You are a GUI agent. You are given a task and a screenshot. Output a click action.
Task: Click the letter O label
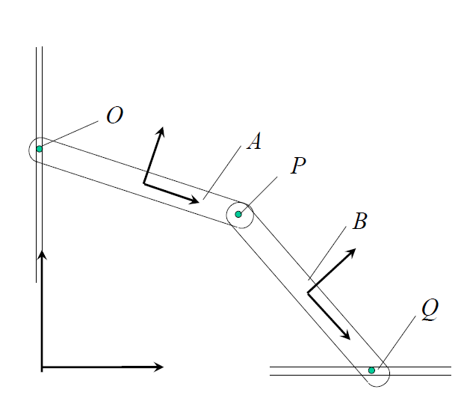114,116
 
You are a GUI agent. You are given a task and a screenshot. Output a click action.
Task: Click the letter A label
254,141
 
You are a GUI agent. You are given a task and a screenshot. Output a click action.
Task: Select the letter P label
298,165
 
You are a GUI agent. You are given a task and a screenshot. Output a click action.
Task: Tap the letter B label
359,221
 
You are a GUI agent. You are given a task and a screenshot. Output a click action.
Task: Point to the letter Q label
428,309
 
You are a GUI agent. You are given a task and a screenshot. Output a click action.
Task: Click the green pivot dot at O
40,148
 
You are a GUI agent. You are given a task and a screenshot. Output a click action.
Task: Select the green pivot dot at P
238,214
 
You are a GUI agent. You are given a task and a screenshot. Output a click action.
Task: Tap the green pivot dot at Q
371,370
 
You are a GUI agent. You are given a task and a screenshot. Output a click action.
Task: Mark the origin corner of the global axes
42,367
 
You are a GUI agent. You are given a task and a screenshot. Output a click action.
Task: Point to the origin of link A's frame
144,183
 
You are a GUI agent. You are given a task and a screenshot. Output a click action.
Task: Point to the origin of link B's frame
308,292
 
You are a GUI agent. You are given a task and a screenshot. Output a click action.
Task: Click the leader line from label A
222,171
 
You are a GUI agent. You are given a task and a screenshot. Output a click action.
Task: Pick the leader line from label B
327,253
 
